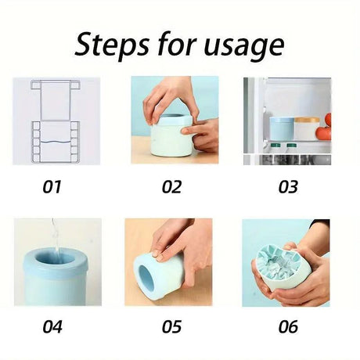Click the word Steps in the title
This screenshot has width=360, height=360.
click(x=113, y=45)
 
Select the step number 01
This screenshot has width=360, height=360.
click(x=52, y=187)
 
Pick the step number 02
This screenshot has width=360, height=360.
click(x=171, y=187)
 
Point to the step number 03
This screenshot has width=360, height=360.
click(x=288, y=187)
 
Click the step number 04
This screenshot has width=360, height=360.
click(x=52, y=326)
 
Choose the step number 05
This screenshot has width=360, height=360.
click(x=171, y=326)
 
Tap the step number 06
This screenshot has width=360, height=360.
click(x=288, y=326)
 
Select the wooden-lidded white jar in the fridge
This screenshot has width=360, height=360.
click(x=307, y=128)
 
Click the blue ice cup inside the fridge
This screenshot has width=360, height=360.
click(x=282, y=128)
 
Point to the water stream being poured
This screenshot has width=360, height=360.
click(x=56, y=236)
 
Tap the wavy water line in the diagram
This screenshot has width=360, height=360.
click(x=55, y=142)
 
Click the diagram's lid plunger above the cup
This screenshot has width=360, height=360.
click(x=55, y=100)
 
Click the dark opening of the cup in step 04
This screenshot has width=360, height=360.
click(x=56, y=258)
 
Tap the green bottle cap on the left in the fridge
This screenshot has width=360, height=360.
click(x=274, y=145)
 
